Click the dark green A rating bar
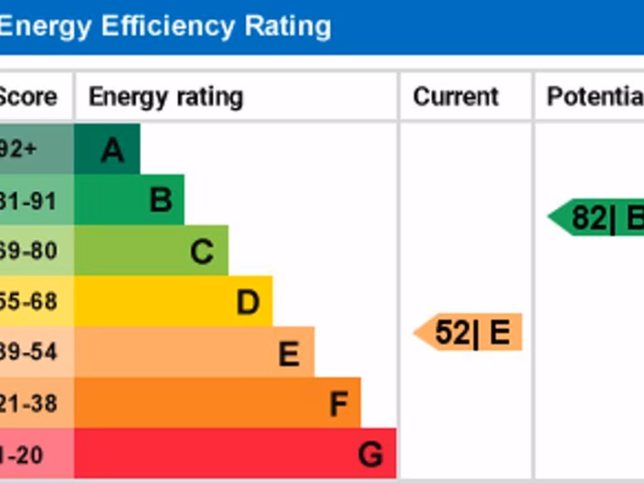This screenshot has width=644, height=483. pyautogui.click(x=107, y=149)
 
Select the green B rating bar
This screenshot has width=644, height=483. pyautogui.click(x=129, y=199)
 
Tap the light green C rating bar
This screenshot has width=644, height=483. pyautogui.click(x=151, y=250)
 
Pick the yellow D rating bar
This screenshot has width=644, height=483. pyautogui.click(x=173, y=301)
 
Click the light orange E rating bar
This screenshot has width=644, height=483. pyautogui.click(x=194, y=352)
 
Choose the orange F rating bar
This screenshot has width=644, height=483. pyautogui.click(x=217, y=402)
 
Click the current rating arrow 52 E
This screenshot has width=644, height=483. pyautogui.click(x=469, y=332)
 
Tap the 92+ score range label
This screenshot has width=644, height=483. pyautogui.click(x=19, y=150)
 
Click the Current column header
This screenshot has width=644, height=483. pyautogui.click(x=455, y=97)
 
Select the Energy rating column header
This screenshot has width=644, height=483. pyautogui.click(x=165, y=97)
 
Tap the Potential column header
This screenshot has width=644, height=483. pyautogui.click(x=595, y=97)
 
